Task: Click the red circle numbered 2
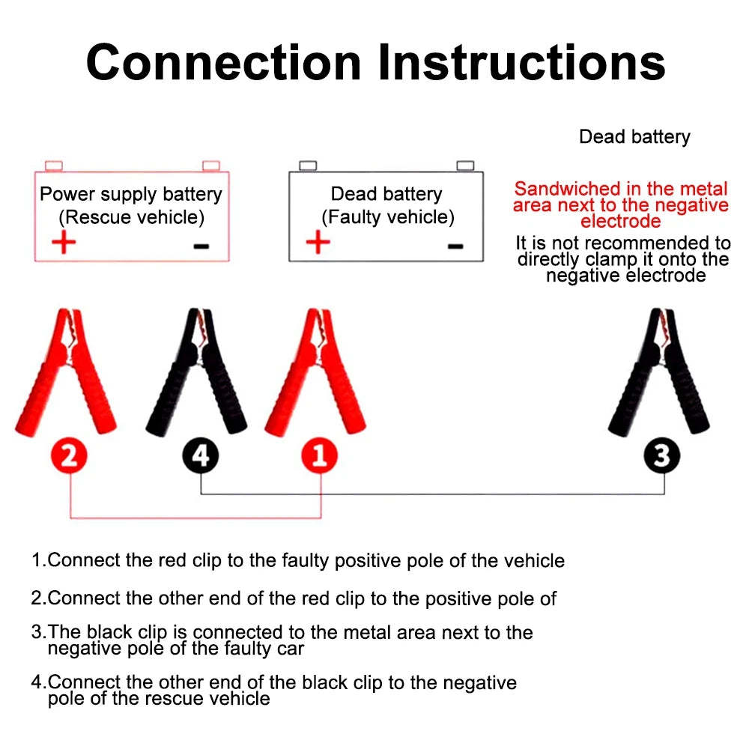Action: click(x=69, y=455)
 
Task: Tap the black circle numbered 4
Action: click(x=201, y=455)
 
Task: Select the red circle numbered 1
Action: click(x=320, y=455)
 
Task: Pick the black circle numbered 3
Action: click(x=663, y=455)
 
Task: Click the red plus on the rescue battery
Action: click(x=64, y=243)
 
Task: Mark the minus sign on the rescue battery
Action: click(x=201, y=246)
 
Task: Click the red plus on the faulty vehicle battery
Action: click(x=318, y=243)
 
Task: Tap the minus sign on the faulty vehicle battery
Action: click(x=455, y=246)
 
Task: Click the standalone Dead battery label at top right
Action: click(x=634, y=137)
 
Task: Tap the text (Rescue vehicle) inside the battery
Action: click(x=131, y=218)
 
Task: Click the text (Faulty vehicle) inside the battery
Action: click(x=387, y=218)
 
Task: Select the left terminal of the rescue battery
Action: click(x=52, y=165)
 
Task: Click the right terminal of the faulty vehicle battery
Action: click(x=465, y=165)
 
